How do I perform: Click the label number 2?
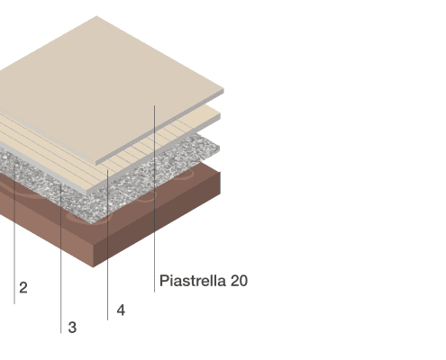coord(23,288)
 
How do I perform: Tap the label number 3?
coord(72,328)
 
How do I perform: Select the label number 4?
coord(121,310)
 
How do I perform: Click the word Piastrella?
coord(193,281)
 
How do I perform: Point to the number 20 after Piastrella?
coord(239,281)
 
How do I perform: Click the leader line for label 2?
coord(14,234)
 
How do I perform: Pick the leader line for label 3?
coord(61,258)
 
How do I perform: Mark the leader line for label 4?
coord(108,245)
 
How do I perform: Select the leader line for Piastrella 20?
coord(155,199)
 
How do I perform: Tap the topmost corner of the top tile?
coord(96,16)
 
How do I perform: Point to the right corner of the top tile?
coord(223,89)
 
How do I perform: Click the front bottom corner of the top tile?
coord(96,165)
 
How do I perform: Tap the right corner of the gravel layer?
coord(220,147)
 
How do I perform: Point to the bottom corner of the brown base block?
coord(94,267)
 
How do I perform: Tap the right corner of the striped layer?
coord(221,114)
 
